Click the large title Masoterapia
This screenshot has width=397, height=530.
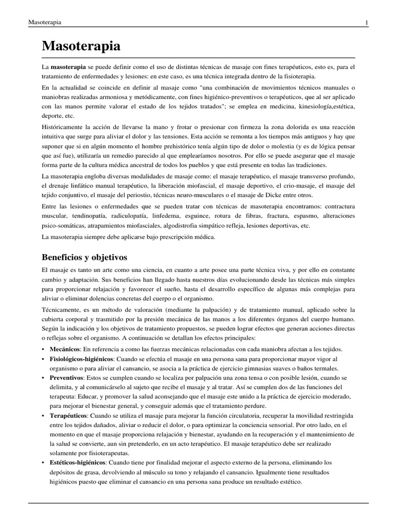(x=81, y=46)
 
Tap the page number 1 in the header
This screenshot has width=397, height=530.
(x=367, y=23)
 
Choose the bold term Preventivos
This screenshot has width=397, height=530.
(x=66, y=378)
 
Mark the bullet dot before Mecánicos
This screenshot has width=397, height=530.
(x=44, y=349)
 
